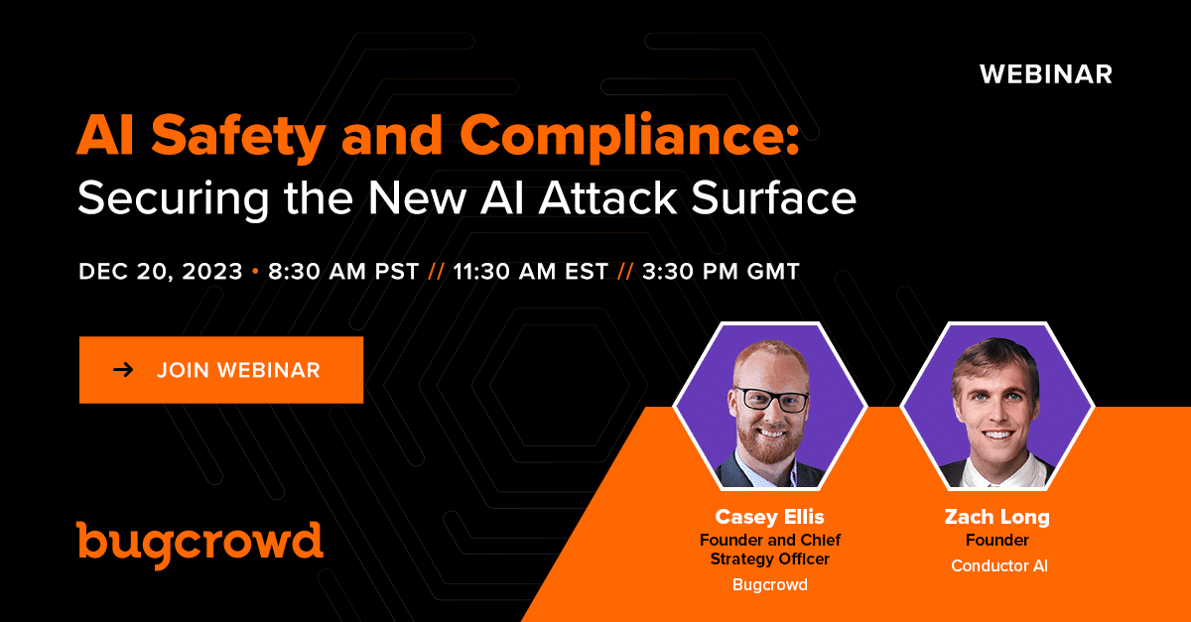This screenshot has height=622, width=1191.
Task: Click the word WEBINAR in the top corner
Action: pos(1046,74)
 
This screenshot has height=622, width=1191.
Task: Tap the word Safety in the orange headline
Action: pos(238,137)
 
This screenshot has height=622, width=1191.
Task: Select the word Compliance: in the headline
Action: pos(629,137)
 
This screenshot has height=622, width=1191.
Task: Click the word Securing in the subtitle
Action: pos(174,198)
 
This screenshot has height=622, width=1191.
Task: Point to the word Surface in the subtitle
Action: pos(773,197)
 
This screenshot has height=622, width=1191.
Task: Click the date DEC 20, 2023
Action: pos(161,272)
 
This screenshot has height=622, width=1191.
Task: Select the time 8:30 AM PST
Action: pos(343,271)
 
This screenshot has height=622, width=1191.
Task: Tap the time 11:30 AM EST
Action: pos(531,271)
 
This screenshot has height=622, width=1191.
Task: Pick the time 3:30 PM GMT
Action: pos(721,271)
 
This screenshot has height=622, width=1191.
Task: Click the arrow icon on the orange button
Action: pos(123,369)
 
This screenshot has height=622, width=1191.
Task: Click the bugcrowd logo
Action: pos(199,545)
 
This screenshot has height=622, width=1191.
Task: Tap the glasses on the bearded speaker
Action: pos(773,399)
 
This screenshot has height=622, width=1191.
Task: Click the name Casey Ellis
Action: pos(769,517)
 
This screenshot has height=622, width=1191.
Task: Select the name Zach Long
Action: pos(996,517)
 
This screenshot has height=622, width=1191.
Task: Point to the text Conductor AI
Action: pos(999,565)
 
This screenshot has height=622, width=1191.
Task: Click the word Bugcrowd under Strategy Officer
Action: pos(770,584)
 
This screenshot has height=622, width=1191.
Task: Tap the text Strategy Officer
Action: pos(770,560)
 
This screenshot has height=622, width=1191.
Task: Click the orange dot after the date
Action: pos(255,272)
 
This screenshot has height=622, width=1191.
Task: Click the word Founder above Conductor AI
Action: pos(996,540)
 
